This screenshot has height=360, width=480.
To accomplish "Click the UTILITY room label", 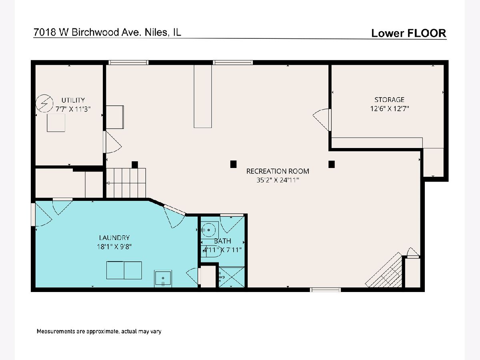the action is point(73,100).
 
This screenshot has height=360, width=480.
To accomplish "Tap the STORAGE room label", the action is point(389,100).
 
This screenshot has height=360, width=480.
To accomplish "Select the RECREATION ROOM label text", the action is point(278,171).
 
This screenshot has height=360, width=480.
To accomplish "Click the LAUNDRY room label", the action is point(114,238).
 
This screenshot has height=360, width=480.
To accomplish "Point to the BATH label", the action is point(222,241).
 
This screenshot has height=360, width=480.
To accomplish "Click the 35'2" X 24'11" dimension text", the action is point(278,180).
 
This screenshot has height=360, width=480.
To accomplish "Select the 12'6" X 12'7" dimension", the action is point(390,109).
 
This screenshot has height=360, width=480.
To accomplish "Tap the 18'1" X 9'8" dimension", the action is point(114,247).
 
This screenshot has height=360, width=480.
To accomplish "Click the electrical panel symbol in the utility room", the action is point(44,103).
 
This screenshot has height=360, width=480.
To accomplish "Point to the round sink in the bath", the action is point(208,230).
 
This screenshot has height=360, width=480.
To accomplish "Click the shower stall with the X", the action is point(232,277).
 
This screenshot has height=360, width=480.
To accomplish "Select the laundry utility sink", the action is point(163,278).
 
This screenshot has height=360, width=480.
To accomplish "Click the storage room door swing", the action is point(321,120).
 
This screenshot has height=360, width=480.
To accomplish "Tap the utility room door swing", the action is point(114,142).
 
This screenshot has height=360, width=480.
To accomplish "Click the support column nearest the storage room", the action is point(332,164).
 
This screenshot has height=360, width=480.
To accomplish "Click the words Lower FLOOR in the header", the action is point(409,33).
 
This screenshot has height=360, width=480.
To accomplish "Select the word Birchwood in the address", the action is point(95,32).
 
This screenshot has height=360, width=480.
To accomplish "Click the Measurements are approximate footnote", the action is point(99,331).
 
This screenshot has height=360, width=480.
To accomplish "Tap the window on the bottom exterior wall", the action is point(325,290).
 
